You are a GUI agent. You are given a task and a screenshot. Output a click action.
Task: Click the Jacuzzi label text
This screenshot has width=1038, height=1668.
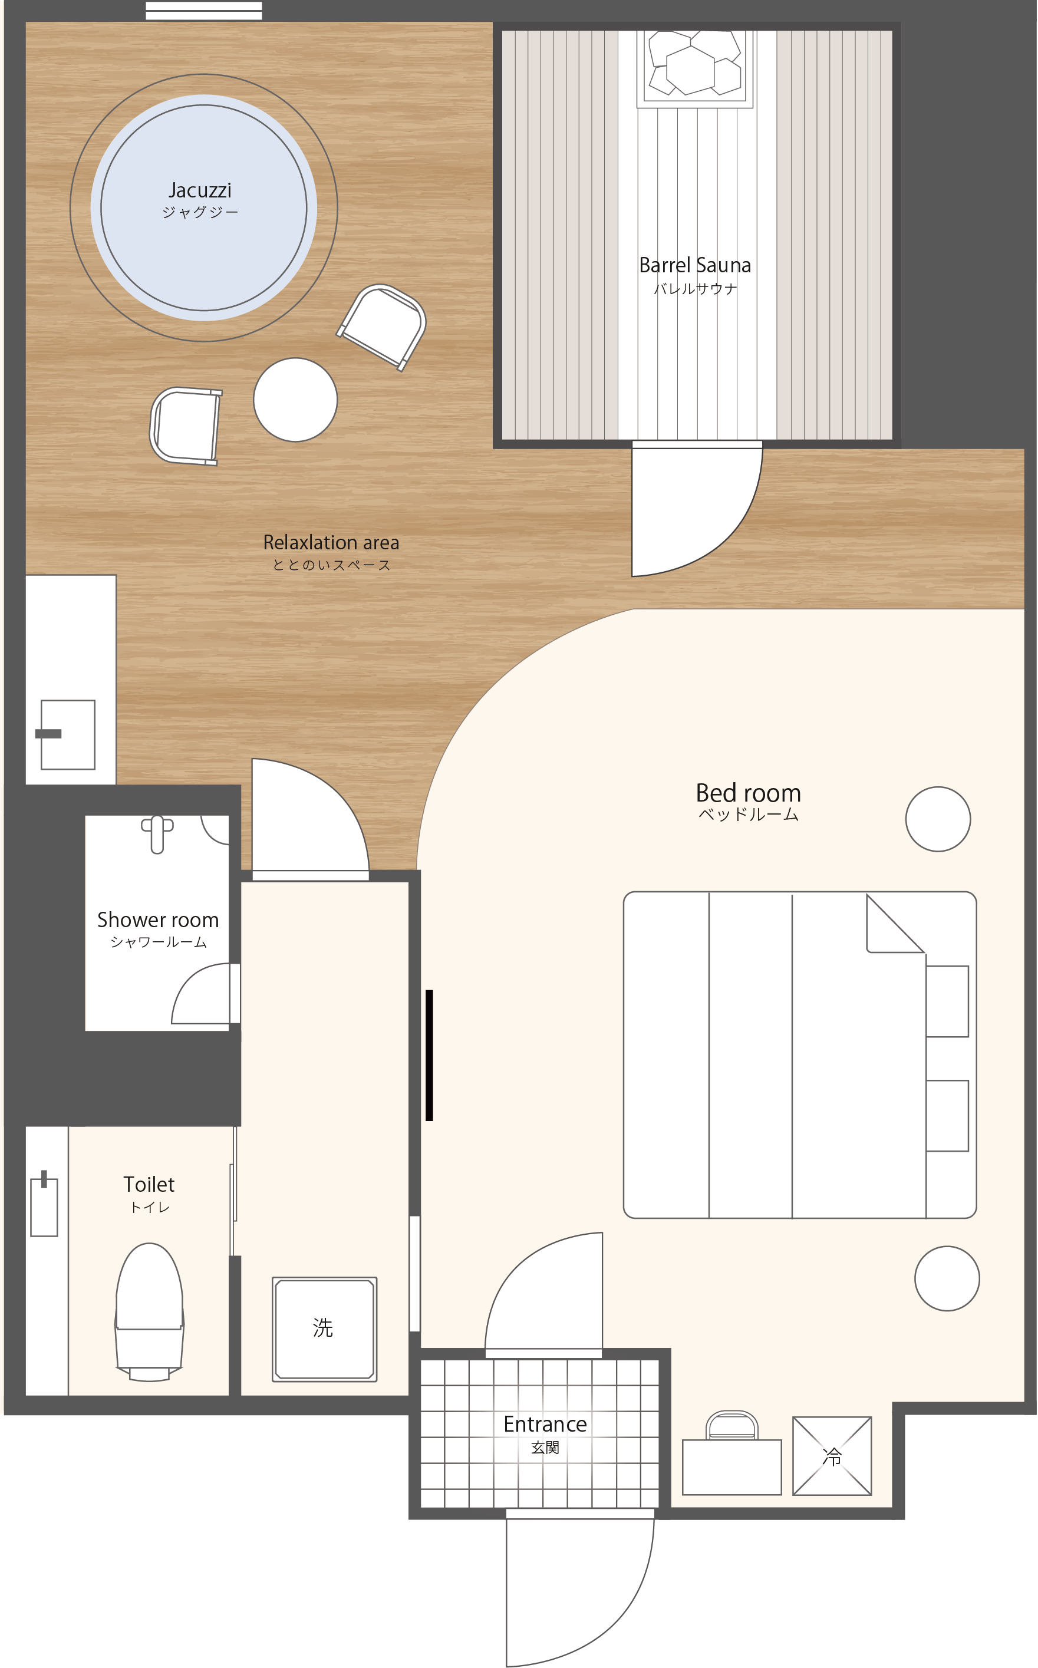coord(200,190)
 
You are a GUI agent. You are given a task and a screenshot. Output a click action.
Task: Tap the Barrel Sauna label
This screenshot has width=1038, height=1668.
coord(695,265)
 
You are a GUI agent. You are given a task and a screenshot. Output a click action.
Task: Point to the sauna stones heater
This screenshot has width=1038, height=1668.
coord(695,68)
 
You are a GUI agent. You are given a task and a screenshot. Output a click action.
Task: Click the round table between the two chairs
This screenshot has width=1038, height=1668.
coord(295,400)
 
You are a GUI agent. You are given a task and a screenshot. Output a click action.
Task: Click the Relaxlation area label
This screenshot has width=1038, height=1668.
coord(331,542)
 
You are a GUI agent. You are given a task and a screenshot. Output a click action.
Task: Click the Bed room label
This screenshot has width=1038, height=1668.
coord(749,793)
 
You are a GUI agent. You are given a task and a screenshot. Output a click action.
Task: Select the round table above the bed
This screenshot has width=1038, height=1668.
coord(938,819)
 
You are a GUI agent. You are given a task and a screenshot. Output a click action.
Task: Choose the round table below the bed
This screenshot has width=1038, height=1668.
coord(947,1279)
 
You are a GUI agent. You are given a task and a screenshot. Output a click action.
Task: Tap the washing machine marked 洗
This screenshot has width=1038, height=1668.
coord(325,1330)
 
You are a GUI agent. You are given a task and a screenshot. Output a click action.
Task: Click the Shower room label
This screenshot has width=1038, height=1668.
coord(158,920)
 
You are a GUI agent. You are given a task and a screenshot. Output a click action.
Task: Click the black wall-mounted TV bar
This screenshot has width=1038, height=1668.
coord(429,1055)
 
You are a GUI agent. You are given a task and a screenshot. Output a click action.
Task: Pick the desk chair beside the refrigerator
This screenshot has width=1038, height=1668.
coord(732,1426)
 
